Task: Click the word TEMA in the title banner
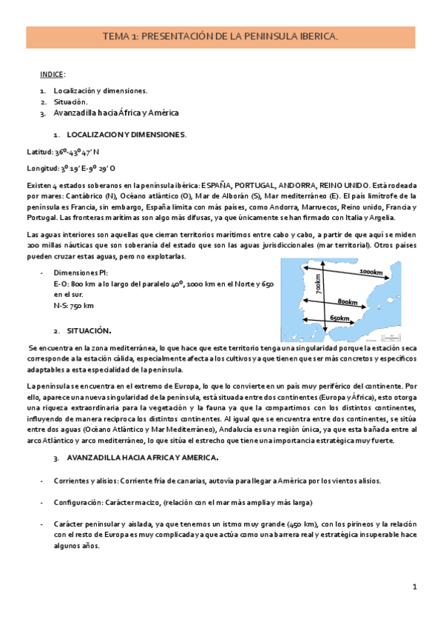click(x=115, y=36)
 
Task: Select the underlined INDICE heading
click(x=53, y=75)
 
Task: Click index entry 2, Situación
click(x=70, y=101)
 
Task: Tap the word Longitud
click(x=42, y=167)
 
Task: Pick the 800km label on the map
click(x=348, y=301)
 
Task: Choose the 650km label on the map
click(x=341, y=318)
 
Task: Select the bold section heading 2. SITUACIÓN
click(x=86, y=330)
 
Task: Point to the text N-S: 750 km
click(x=74, y=304)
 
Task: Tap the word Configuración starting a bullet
click(x=78, y=501)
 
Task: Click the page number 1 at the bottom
click(x=416, y=587)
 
